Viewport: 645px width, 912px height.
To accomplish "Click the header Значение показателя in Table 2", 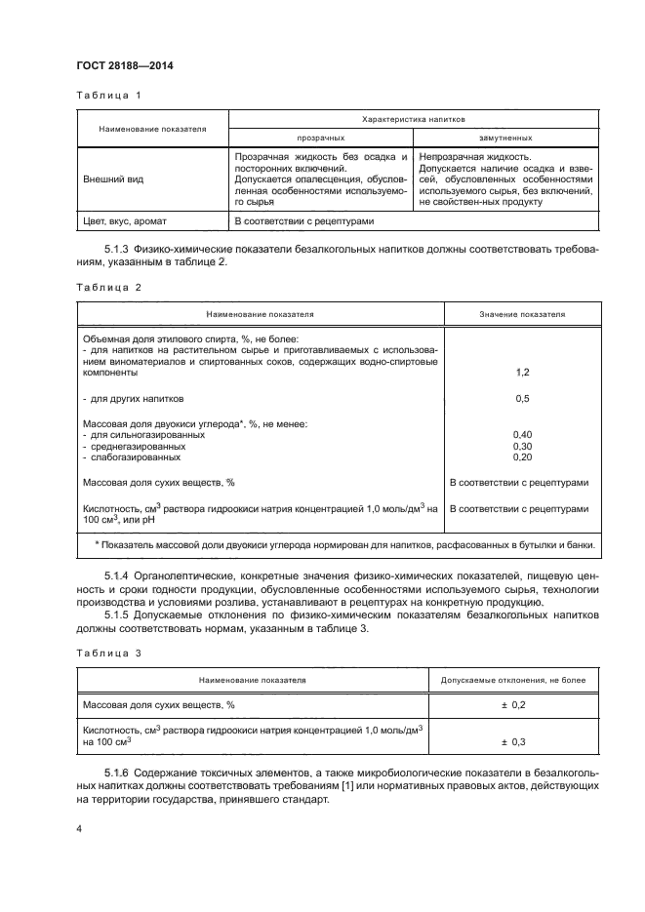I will (522, 315).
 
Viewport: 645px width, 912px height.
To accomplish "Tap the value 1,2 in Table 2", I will (521, 373).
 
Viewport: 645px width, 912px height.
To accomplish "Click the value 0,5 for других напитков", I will (521, 399).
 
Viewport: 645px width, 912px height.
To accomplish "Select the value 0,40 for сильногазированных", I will (521, 435).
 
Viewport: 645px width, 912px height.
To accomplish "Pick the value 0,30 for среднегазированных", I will (521, 446).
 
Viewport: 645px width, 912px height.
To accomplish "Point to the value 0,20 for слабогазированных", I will (521, 456).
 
